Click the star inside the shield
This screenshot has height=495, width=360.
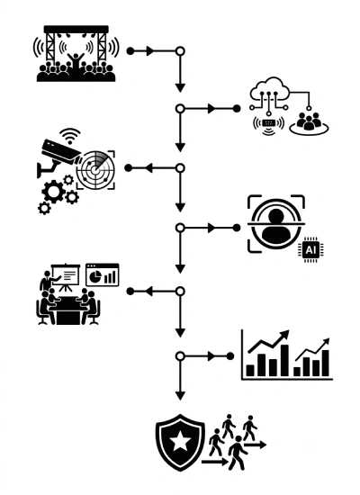[180, 441]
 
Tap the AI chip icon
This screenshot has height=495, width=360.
[310, 249]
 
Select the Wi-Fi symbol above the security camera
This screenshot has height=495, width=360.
[70, 136]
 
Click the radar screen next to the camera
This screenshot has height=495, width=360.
[95, 169]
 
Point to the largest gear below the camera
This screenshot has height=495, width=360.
[53, 192]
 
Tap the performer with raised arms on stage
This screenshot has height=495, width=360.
[76, 62]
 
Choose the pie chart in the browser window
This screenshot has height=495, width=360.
[94, 276]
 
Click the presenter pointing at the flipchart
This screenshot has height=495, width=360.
[48, 280]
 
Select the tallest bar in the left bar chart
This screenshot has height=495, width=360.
[284, 360]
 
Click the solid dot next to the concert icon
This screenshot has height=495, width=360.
[130, 50]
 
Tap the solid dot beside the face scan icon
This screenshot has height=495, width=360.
[237, 228]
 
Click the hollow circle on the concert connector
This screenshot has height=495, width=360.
[180, 50]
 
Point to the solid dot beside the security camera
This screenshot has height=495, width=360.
[128, 168]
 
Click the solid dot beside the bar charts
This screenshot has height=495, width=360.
[230, 356]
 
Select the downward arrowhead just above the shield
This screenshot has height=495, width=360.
[180, 396]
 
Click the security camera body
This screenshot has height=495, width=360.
[60, 151]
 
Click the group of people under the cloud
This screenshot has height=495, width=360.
[309, 121]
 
